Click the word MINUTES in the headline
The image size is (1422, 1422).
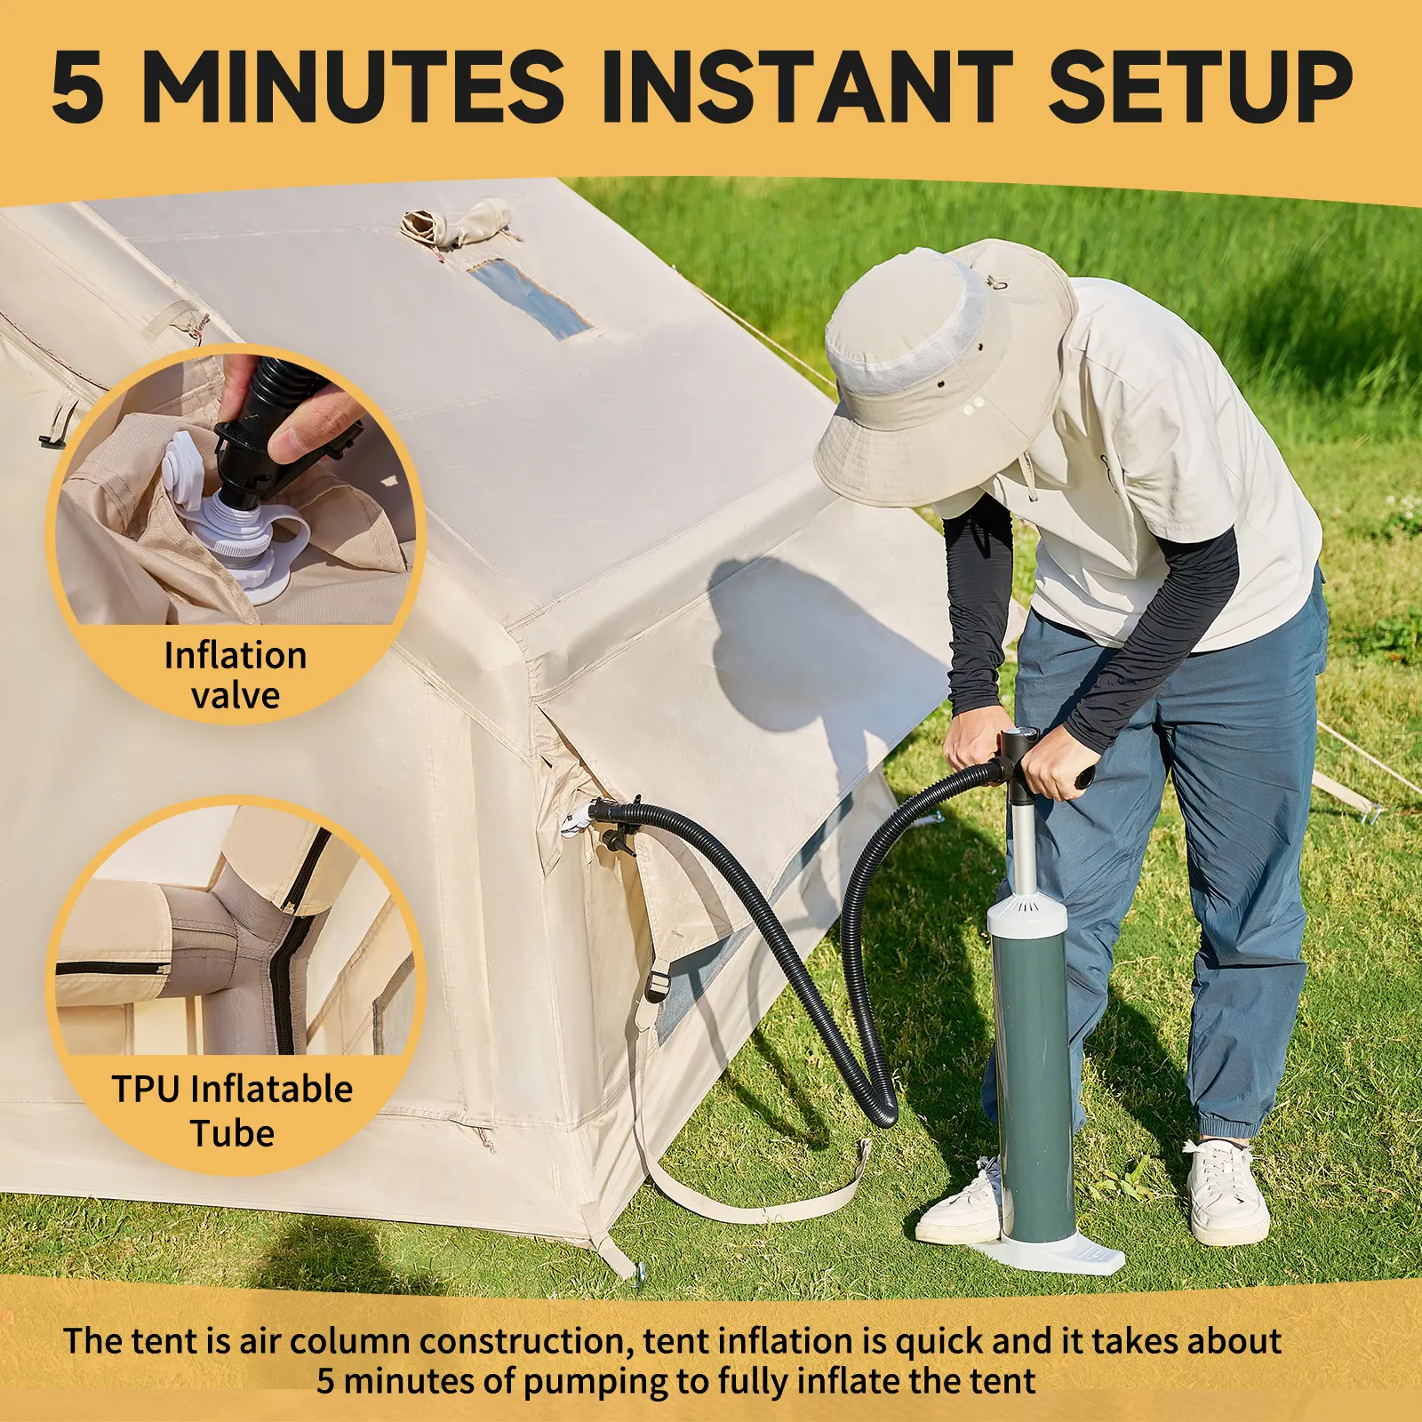pyautogui.click(x=354, y=85)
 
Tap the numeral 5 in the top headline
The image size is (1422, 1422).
pyautogui.click(x=79, y=86)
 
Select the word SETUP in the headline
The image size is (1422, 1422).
pyautogui.click(x=1201, y=85)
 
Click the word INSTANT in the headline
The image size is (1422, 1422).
pyautogui.click(x=807, y=85)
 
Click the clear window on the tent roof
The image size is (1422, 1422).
pyautogui.click(x=531, y=299)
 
